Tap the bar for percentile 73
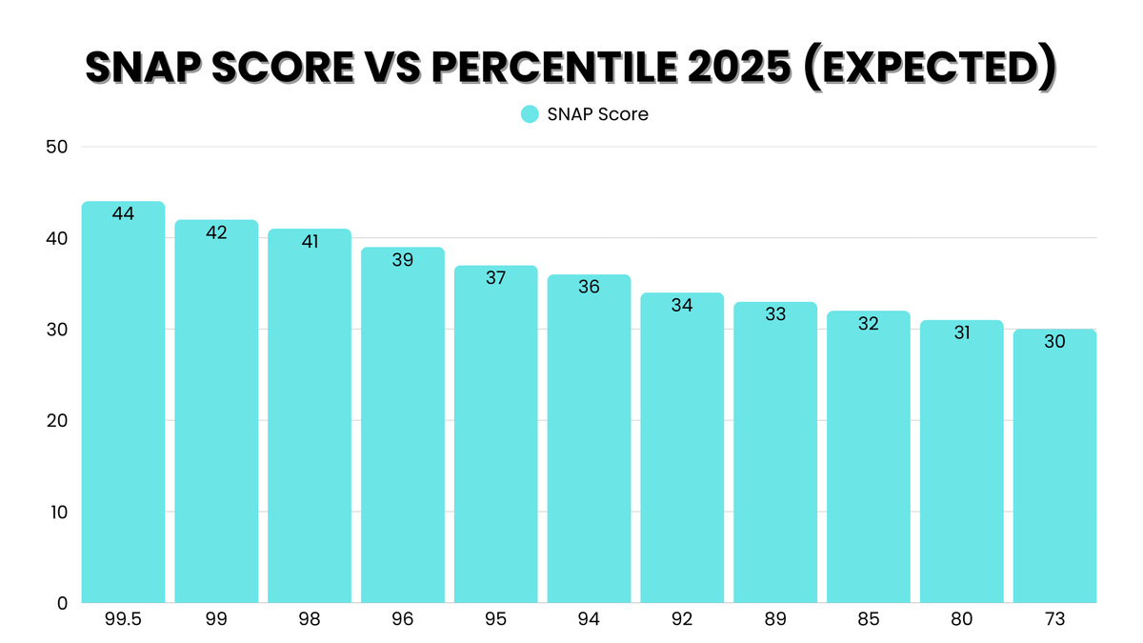click(x=1054, y=466)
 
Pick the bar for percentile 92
click(x=682, y=448)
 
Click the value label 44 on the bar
click(x=123, y=214)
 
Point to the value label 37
click(x=495, y=278)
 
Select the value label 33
click(x=775, y=314)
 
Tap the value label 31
click(x=961, y=332)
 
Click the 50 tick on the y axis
click(x=56, y=147)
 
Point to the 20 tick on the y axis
click(x=56, y=420)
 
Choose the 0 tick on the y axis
click(x=61, y=603)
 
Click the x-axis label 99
click(x=216, y=620)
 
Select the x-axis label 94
click(x=589, y=620)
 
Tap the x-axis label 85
click(x=868, y=620)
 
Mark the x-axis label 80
click(x=961, y=620)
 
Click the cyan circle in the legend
click(x=531, y=114)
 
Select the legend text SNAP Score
click(x=597, y=114)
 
